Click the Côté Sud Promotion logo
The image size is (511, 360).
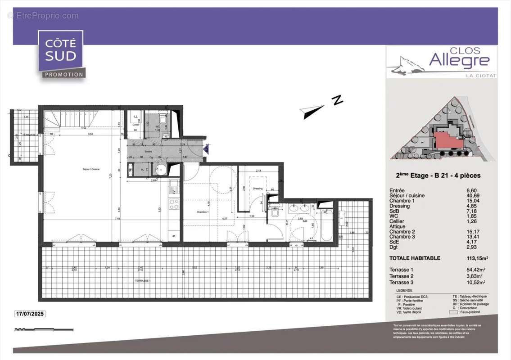61,54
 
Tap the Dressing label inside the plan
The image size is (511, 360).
258,189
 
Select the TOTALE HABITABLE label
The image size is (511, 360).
415,258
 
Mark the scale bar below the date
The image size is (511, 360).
44,329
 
